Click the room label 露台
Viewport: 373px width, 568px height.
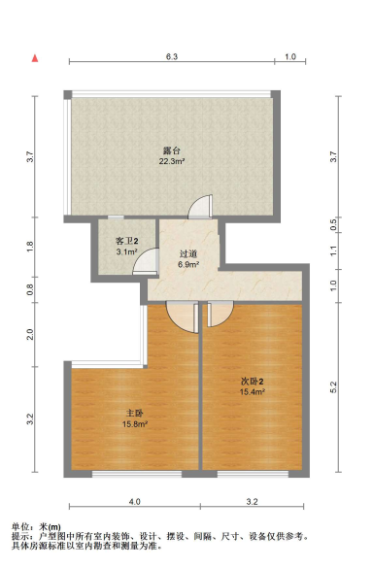[173, 150]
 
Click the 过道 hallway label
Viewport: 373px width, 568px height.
[188, 253]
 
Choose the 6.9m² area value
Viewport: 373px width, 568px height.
[188, 263]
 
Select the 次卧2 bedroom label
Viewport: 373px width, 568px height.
[253, 381]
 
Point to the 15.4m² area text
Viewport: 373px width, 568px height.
[253, 391]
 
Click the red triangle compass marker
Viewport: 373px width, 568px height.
[35, 58]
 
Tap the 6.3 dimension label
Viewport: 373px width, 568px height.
[172, 57]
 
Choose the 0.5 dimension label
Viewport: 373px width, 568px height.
[333, 223]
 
